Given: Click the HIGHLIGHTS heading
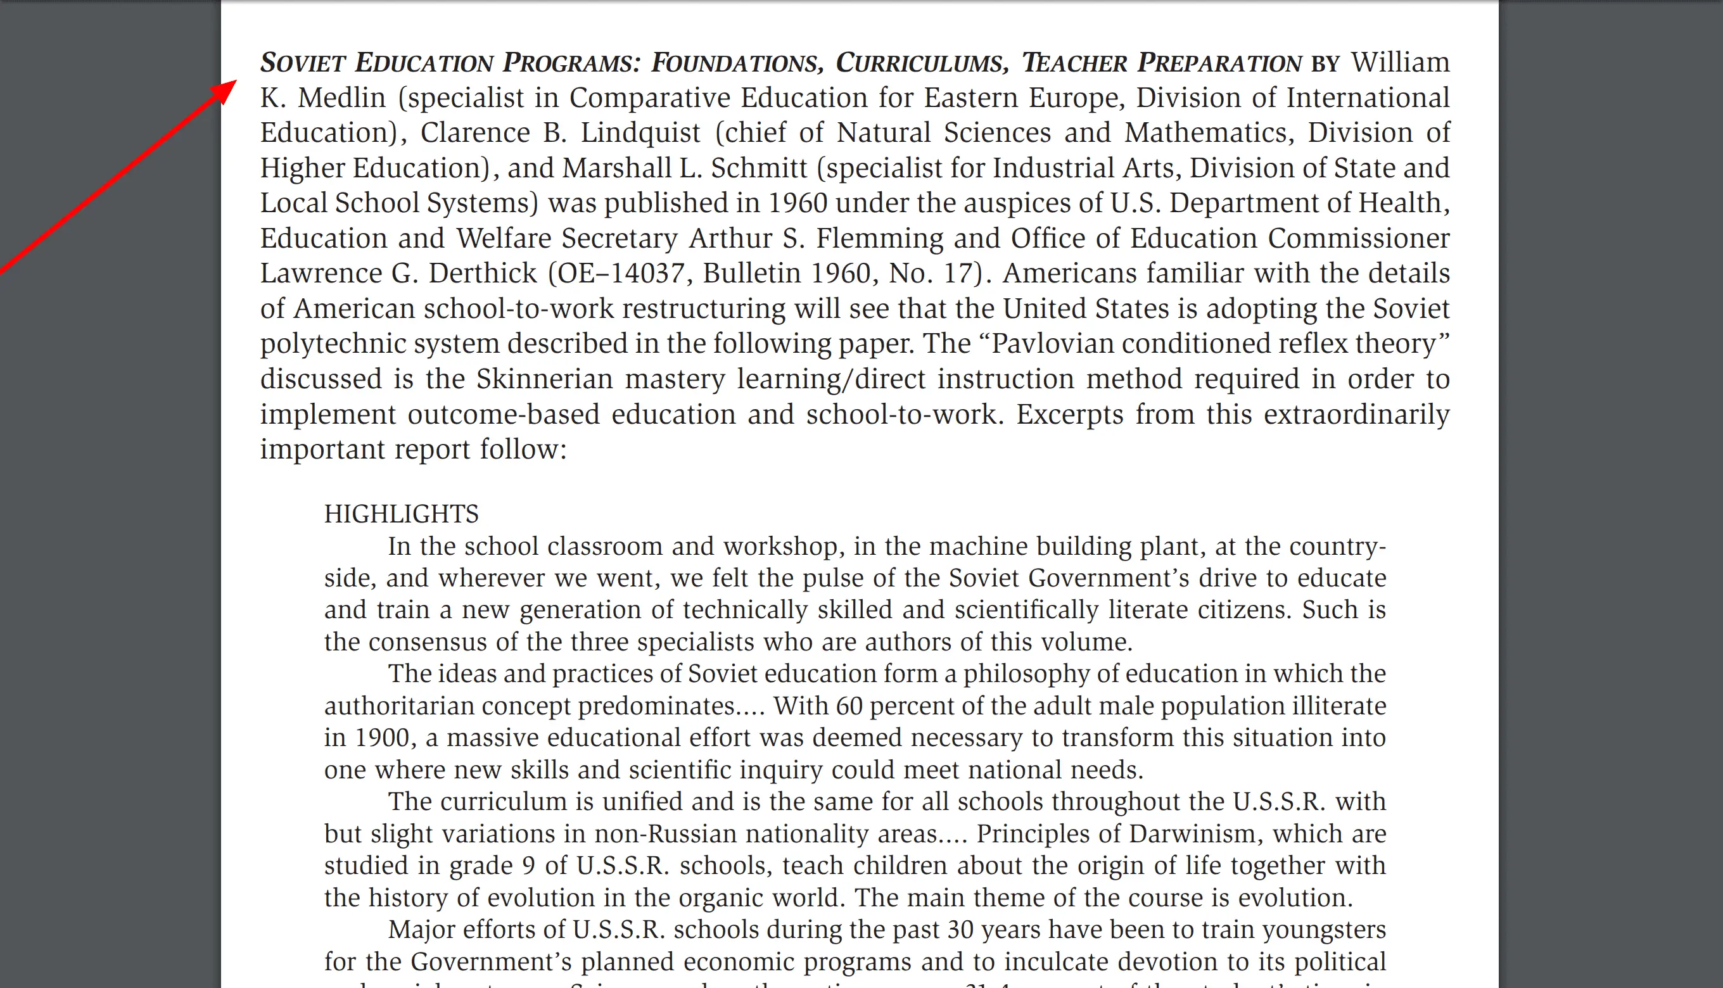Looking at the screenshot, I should (401, 514).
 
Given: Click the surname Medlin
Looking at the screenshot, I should (341, 98).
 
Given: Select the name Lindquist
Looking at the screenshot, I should (640, 132).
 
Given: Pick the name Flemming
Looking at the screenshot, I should (879, 238).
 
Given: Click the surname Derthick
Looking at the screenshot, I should (483, 274).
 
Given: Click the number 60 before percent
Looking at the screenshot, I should (849, 706).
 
